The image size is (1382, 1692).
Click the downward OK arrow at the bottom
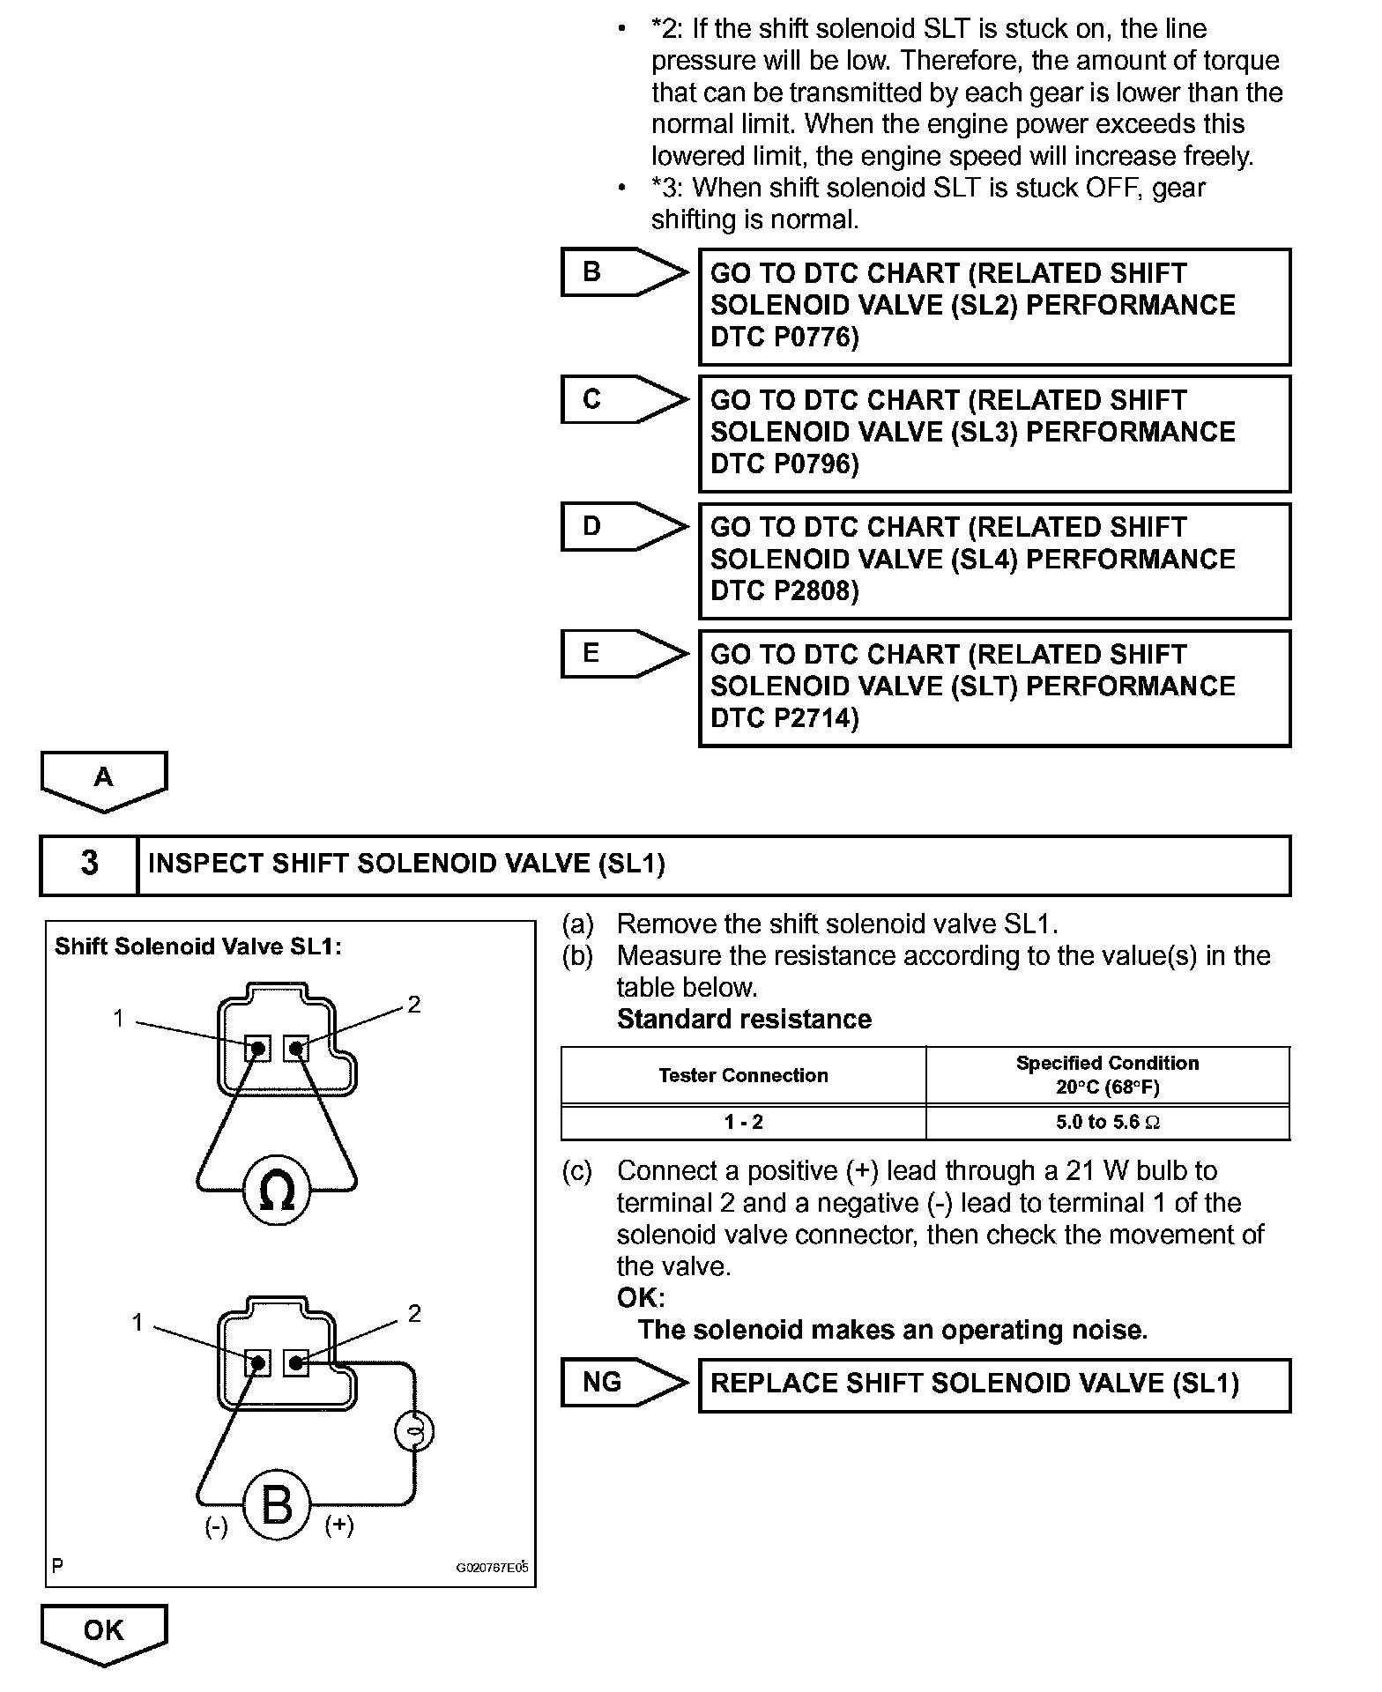click(x=104, y=1632)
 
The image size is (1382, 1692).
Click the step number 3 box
click(x=89, y=865)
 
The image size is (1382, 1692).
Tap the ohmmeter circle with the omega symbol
click(x=277, y=1191)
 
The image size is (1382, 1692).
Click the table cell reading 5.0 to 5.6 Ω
click(x=1108, y=1123)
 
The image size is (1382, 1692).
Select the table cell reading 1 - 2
click(x=743, y=1123)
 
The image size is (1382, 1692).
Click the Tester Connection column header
click(x=743, y=1075)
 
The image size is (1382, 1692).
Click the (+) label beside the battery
click(x=339, y=1525)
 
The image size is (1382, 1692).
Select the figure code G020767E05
click(x=492, y=1569)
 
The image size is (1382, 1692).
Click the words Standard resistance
click(x=744, y=1020)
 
